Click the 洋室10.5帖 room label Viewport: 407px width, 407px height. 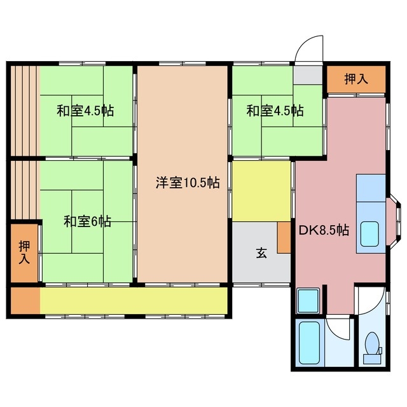(188, 183)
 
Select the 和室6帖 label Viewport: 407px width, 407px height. (87, 221)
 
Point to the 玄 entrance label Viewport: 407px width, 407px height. (261, 252)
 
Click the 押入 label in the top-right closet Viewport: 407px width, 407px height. (356, 79)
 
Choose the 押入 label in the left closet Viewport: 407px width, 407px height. (24, 252)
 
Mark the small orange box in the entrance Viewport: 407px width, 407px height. (284, 238)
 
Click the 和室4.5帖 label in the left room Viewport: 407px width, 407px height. (85, 111)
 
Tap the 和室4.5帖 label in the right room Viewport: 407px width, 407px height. (275, 111)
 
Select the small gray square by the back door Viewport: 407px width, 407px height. (308, 76)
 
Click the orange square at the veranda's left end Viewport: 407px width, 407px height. (24, 301)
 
